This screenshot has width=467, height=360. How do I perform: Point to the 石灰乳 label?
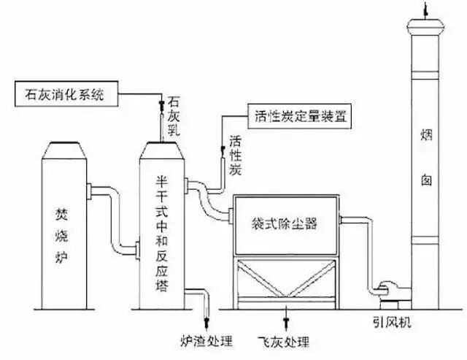pyautogui.click(x=173, y=117)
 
